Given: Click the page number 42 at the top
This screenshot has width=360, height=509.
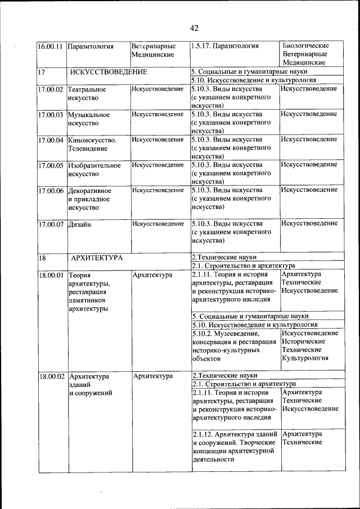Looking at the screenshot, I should click(x=194, y=28).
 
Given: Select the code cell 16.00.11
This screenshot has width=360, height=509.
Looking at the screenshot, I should click(x=50, y=46).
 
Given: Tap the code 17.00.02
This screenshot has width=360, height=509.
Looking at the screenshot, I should click(x=50, y=89).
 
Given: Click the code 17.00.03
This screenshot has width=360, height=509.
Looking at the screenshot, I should click(x=50, y=114).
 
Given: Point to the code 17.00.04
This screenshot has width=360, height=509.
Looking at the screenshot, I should click(x=50, y=139).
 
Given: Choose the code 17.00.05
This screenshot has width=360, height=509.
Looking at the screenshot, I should click(x=50, y=165).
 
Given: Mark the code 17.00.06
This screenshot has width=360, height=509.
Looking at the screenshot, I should click(x=50, y=190).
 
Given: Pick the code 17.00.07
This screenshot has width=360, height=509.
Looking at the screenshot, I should click(x=50, y=224).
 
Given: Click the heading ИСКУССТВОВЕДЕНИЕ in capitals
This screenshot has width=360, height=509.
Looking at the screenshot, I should click(x=109, y=72).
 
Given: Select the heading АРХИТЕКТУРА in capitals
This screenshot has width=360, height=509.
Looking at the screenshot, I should click(x=97, y=258).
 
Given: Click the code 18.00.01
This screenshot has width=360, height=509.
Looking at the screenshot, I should click(x=50, y=275).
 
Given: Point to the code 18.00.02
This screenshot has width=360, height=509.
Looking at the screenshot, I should click(x=50, y=376).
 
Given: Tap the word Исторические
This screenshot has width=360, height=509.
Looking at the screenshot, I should click(x=303, y=341).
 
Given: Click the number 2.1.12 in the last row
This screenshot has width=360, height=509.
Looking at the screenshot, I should click(x=201, y=434).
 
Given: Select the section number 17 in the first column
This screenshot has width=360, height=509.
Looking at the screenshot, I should click(x=42, y=72).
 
